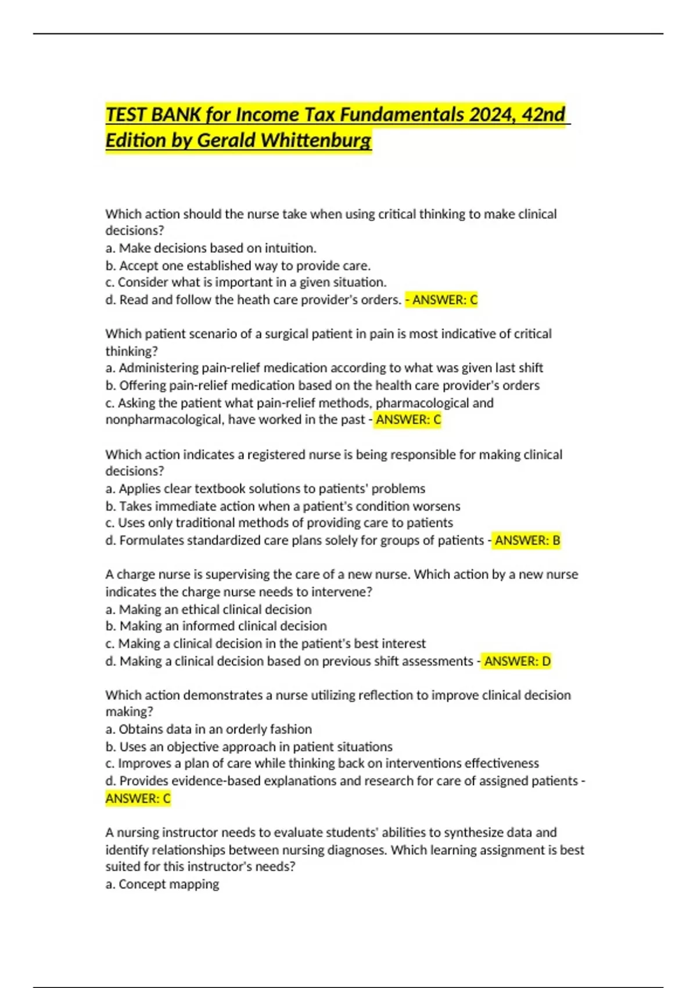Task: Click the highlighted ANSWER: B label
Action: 527,540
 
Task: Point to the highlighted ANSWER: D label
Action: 517,661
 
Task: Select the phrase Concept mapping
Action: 168,885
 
